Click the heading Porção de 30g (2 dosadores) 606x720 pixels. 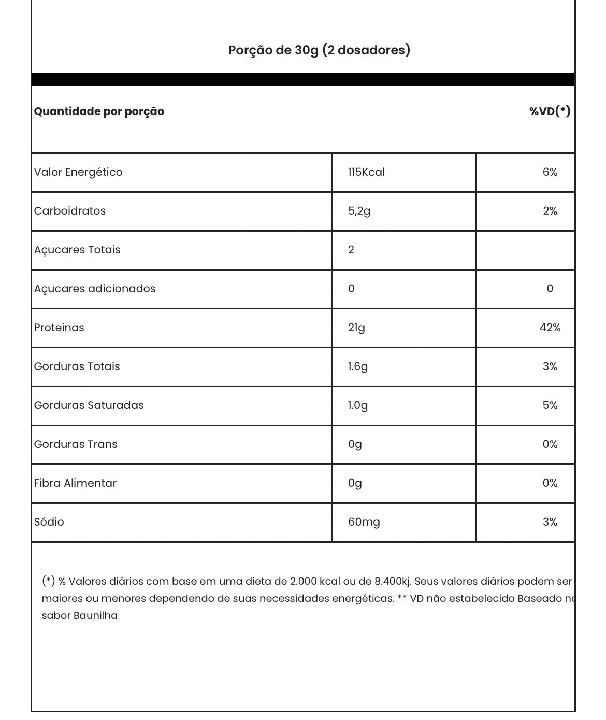tap(319, 50)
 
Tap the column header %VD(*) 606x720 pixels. tap(550, 111)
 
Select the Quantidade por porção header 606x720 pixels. tap(99, 111)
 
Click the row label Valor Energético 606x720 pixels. tap(78, 172)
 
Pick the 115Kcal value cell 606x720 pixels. tap(366, 172)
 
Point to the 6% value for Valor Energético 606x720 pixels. tap(550, 172)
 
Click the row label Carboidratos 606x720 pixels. tap(70, 211)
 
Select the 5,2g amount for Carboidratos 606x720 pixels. tap(359, 211)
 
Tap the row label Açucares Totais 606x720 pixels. tap(77, 250)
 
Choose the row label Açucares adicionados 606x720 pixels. tap(95, 289)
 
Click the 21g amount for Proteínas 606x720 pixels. tap(356, 328)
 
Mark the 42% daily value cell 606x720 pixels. tap(550, 328)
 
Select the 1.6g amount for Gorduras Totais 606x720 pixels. tap(358, 366)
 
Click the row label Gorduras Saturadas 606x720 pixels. tap(89, 405)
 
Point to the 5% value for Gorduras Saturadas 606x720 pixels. tap(550, 405)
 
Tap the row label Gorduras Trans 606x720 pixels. tap(76, 444)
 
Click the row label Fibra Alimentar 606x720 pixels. tap(75, 483)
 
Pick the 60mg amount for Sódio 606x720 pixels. tap(364, 522)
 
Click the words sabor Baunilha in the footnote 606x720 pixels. tap(80, 616)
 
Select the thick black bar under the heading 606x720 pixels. tap(302, 79)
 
